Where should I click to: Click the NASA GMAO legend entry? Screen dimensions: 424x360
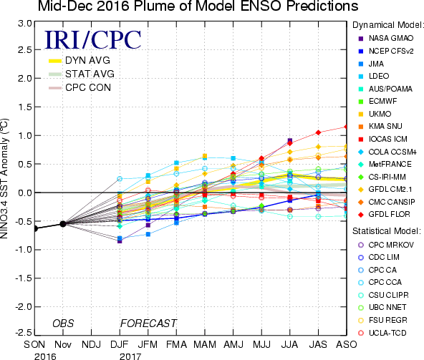pos(386,39)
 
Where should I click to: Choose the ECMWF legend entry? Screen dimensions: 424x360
pos(377,102)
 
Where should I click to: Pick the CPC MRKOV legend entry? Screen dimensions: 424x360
pos(386,245)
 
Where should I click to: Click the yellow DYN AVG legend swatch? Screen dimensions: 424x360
pos(55,61)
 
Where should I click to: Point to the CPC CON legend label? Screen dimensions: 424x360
pos(88,87)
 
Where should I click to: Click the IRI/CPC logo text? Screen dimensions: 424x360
pos(93,40)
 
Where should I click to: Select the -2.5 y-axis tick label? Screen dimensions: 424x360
pos(23,332)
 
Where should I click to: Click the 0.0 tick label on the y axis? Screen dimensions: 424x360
pos(25,193)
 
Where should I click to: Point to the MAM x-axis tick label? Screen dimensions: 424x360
pos(205,344)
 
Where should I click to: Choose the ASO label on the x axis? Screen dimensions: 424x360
pos(347,344)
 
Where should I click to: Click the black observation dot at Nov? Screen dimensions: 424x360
pos(63,224)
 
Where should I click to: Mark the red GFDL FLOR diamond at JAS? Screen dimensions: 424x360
pos(318,132)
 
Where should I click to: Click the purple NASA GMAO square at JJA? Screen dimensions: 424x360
pos(290,140)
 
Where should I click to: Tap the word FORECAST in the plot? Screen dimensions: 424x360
pos(148,323)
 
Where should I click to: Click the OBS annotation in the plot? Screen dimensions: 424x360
pos(63,323)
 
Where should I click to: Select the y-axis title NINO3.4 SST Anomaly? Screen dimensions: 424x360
pos(4,178)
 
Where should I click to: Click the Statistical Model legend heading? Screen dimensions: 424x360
pos(387,231)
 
